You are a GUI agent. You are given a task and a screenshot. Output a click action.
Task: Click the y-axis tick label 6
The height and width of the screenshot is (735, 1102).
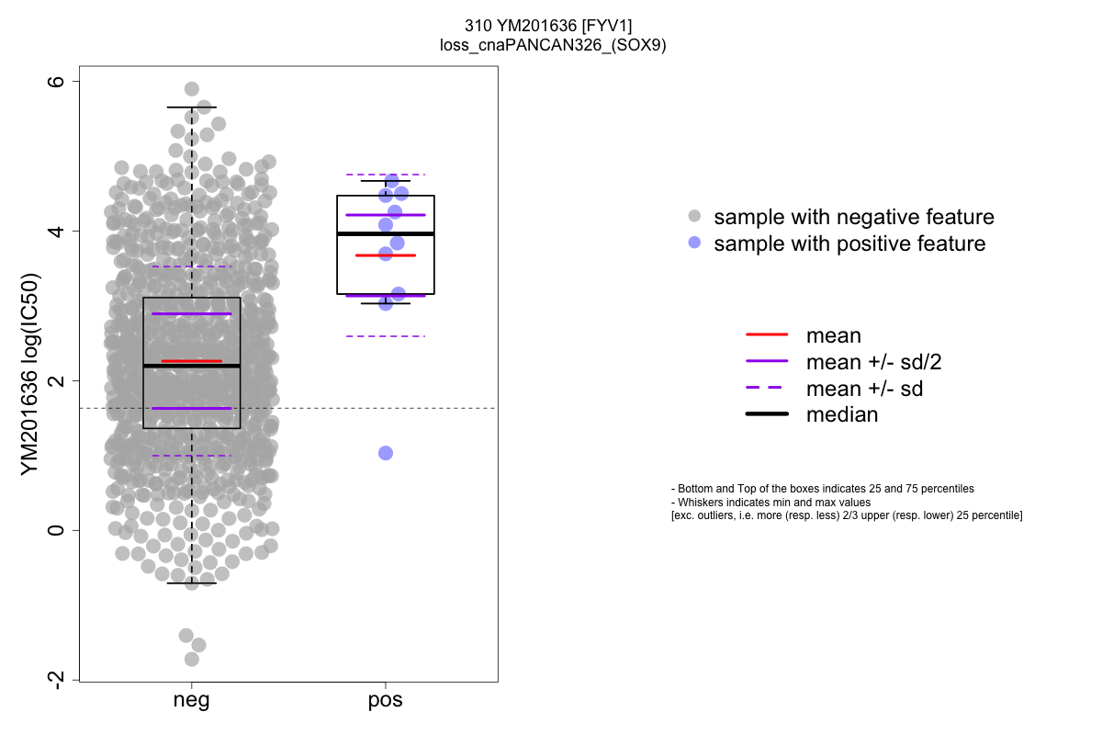56,81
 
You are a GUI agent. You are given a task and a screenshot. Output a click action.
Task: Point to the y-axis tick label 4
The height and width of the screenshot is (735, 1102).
56,231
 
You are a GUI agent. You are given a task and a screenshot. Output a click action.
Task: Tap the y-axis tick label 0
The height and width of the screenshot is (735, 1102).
56,530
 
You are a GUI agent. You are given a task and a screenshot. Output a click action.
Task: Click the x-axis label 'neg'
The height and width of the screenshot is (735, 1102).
191,701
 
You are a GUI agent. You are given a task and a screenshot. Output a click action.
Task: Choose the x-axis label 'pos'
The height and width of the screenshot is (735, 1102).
386,701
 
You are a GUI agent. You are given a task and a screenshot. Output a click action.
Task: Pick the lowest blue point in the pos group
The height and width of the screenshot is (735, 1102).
386,453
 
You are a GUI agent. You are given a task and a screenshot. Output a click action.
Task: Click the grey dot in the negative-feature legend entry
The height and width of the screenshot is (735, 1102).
694,217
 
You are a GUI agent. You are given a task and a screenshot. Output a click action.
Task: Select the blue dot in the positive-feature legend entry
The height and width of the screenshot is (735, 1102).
694,243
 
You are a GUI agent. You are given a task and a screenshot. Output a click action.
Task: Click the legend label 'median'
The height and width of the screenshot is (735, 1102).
841,414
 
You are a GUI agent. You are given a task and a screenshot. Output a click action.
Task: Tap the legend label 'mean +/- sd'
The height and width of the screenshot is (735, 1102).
864,389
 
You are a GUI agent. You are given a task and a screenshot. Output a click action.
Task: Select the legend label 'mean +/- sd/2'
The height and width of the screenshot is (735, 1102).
873,362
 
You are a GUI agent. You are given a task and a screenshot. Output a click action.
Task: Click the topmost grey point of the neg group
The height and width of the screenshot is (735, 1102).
192,89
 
